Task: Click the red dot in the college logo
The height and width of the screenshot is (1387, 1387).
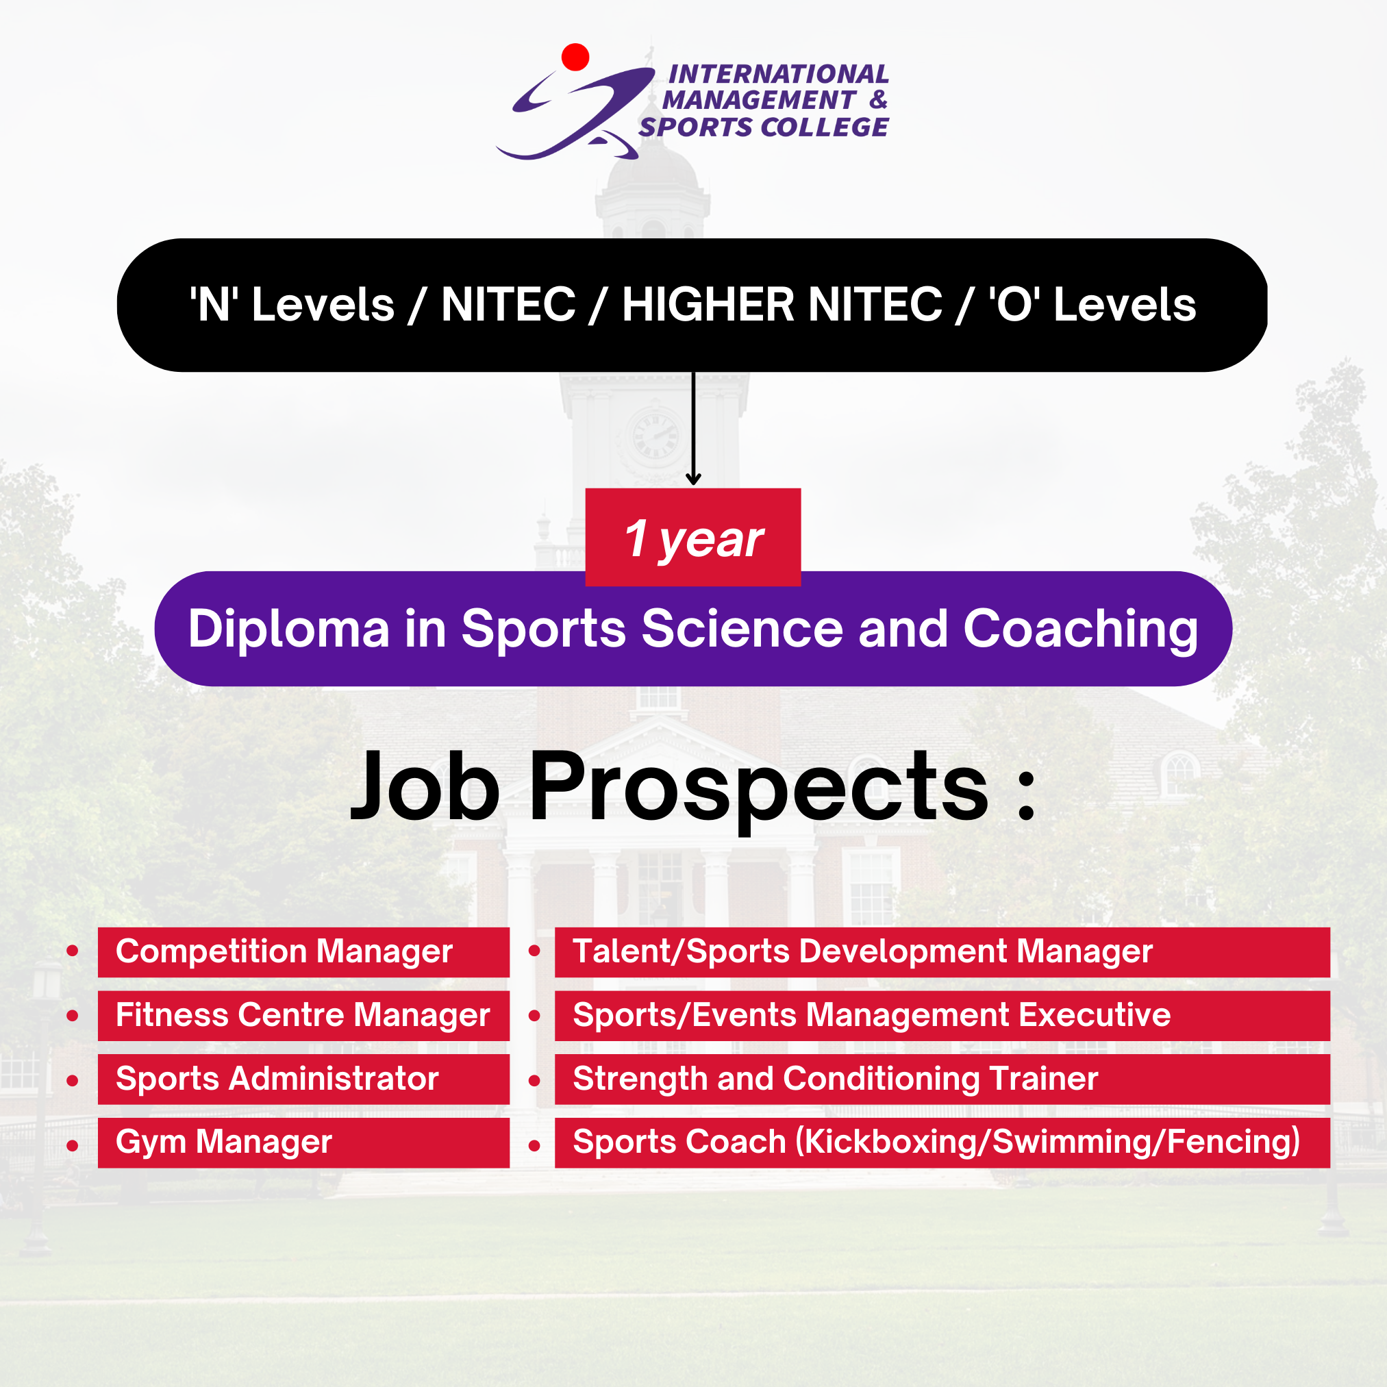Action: coord(575,58)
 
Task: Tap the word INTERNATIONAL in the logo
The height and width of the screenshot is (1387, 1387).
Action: coord(778,74)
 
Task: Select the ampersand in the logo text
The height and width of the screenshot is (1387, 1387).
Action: coord(878,100)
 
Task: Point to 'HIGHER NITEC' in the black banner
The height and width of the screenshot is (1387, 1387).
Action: coord(782,304)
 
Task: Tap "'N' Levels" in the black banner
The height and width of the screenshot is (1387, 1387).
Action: coord(292,304)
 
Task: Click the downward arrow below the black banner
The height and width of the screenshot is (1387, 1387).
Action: coord(693,429)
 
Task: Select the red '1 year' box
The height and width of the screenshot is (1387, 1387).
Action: coord(692,537)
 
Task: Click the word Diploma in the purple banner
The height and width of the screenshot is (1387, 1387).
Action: coord(288,629)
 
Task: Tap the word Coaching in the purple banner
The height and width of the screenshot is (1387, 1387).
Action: coord(1081,629)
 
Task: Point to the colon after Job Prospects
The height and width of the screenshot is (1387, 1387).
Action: coord(1027,795)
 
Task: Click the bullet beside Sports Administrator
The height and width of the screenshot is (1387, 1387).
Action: coord(72,1080)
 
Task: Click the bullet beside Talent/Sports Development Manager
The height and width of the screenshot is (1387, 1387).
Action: coord(534,951)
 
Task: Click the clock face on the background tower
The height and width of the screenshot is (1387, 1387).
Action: coord(655,434)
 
